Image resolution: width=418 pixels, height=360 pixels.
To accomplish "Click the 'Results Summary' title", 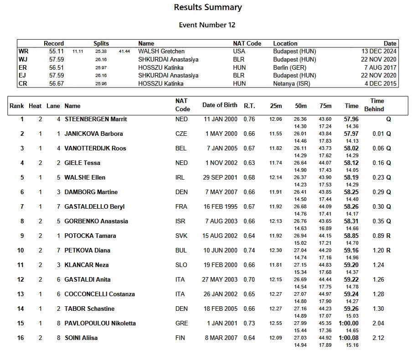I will click(208, 7).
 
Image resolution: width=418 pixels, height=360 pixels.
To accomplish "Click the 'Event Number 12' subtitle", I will click(207, 25).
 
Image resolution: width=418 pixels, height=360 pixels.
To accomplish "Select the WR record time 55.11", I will click(56, 51).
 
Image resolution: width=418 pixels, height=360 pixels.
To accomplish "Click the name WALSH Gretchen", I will click(161, 51).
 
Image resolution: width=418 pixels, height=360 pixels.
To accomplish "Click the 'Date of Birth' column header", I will click(220, 105).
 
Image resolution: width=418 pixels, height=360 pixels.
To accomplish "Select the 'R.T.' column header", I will click(249, 106).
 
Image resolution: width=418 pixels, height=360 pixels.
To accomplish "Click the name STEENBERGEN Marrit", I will click(96, 119).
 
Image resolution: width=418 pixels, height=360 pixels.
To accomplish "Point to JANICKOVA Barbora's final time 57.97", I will click(351, 134).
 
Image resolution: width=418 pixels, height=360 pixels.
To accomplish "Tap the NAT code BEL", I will click(181, 149).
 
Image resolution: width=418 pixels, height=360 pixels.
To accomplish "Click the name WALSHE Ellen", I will click(85, 178).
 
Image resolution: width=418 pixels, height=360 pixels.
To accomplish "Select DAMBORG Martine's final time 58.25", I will click(351, 192).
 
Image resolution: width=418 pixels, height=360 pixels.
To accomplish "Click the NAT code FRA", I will click(181, 207).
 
